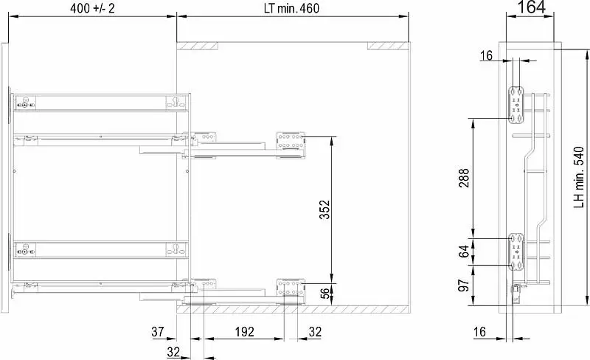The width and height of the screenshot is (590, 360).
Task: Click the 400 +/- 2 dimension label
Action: tap(92, 8)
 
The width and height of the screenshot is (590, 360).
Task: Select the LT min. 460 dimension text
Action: tap(291, 8)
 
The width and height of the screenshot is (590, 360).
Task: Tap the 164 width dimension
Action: tap(531, 7)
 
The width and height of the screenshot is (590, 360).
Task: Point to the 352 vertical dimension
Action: tap(324, 210)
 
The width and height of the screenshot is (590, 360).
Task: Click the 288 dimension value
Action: tap(464, 178)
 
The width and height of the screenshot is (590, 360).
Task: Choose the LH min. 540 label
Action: tap(579, 177)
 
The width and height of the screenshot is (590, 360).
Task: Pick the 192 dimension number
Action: tap(245, 332)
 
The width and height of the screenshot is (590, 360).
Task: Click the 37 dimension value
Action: tap(158, 332)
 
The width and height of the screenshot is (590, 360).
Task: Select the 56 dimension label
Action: tap(324, 292)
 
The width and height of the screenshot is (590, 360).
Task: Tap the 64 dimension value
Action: tap(464, 251)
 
